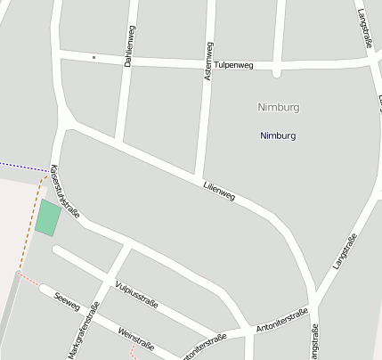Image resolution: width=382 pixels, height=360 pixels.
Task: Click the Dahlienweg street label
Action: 132,42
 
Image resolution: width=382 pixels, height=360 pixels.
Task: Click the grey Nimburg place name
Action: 277,107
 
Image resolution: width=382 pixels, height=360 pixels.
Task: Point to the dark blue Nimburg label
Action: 277,135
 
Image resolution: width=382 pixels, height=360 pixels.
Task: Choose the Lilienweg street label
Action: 218,189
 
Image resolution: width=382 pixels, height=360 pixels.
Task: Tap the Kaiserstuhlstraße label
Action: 65,191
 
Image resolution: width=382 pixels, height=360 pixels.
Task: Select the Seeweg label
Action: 68,302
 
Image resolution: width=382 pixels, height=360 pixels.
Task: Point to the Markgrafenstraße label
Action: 83,331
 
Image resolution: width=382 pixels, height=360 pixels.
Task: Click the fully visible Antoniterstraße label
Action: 280,320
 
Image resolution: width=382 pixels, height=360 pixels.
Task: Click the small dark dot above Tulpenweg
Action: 93,57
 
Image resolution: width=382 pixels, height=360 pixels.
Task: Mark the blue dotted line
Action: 22,167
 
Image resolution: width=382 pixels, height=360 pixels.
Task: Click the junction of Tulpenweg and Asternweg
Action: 207,65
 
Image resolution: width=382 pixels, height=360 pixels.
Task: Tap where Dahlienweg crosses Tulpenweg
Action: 127,61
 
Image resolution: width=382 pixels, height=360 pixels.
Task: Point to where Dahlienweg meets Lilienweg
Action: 118,141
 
